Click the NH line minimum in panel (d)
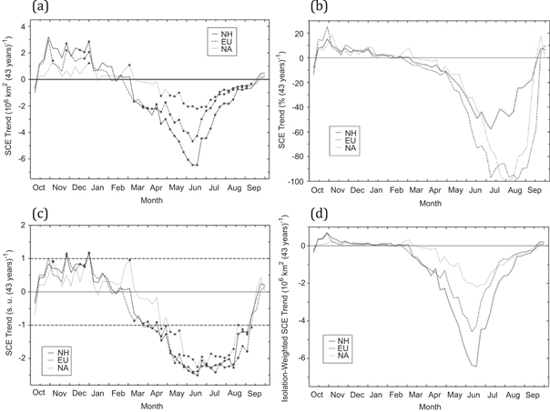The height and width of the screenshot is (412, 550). tap(474, 366)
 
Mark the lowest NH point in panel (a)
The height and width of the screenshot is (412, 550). tap(196, 165)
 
